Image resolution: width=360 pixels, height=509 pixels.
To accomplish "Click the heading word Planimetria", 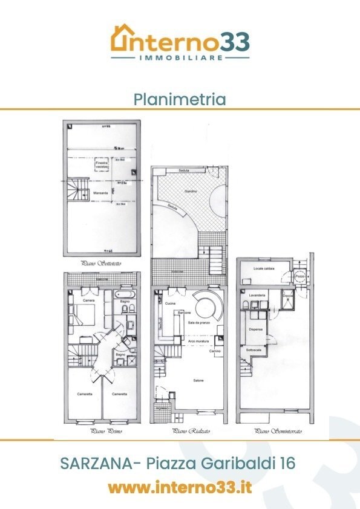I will pos(180,99).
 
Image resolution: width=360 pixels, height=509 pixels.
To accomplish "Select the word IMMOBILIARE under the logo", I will pos(180,57).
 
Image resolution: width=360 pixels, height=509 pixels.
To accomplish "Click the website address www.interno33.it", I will pos(180,487).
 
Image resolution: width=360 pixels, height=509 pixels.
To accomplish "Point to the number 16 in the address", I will pos(284,464).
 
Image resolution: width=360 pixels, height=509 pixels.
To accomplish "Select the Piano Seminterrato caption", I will pos(278,432).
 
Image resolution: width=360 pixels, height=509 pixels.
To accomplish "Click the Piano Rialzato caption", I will pos(188,432).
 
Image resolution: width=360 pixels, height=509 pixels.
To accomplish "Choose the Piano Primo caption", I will pos(102,432).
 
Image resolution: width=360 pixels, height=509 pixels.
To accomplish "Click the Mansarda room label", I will pos(102,193).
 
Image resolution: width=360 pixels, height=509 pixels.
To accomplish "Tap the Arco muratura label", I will pos(197,342).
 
